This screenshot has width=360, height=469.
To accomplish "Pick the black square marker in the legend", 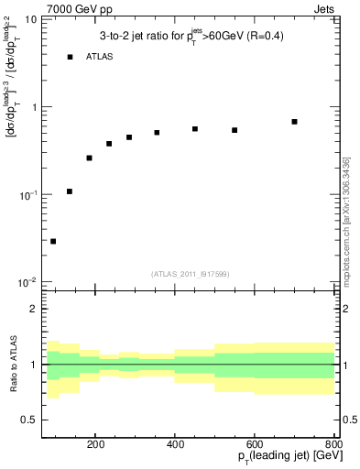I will tap(70, 57).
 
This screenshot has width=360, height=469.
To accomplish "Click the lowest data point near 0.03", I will tap(53, 241).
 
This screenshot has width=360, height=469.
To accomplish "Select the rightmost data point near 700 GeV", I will tap(294, 122).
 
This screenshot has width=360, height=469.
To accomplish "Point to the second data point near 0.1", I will tap(70, 191).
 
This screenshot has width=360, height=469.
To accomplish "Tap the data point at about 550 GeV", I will tap(235, 130).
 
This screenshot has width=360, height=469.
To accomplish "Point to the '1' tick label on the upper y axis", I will tap(34, 107).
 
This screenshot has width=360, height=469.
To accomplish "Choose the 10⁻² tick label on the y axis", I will tap(28, 282).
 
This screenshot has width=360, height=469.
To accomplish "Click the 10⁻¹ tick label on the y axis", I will tap(28, 194).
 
